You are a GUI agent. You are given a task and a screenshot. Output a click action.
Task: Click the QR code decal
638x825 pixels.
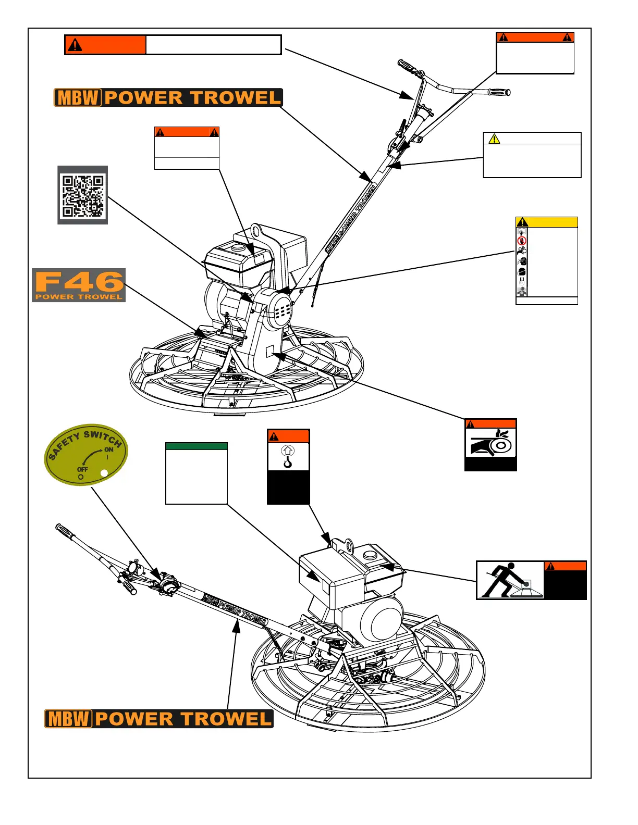tap(82, 195)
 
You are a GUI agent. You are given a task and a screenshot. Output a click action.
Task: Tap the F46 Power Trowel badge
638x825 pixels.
tap(79, 285)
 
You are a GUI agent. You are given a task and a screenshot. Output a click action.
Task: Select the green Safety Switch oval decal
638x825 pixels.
tap(86, 455)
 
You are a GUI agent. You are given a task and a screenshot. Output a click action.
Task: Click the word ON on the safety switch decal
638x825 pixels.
tap(108, 449)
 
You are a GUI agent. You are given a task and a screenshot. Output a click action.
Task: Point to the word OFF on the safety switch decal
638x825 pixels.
tap(82, 469)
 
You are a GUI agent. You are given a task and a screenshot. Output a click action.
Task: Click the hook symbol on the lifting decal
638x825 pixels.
tap(288, 457)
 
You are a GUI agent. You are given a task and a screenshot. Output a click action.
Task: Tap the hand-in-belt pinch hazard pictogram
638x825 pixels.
tap(490, 443)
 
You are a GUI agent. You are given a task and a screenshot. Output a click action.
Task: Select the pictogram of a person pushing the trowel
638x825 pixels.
tap(510, 580)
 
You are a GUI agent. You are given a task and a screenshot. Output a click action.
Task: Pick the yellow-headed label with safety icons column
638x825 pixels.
tap(547, 260)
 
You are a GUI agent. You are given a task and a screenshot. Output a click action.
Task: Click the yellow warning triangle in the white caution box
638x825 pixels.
tap(494, 139)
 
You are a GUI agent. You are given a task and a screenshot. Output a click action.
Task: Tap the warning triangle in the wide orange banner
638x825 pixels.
tap(75, 45)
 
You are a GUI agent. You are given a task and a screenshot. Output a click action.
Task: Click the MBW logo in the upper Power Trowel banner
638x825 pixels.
tap(78, 98)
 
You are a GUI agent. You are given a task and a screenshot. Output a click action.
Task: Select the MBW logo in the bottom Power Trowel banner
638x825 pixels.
tap(69, 719)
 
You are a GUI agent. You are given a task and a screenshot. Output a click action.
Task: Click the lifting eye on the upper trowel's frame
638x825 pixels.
tap(256, 231)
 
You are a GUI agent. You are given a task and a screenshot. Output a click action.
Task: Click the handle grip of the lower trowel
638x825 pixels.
tap(65, 531)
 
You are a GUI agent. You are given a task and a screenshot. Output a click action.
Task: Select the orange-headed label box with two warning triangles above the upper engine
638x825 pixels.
tap(187, 147)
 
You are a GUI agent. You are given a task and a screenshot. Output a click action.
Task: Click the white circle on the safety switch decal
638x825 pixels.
tap(104, 473)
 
